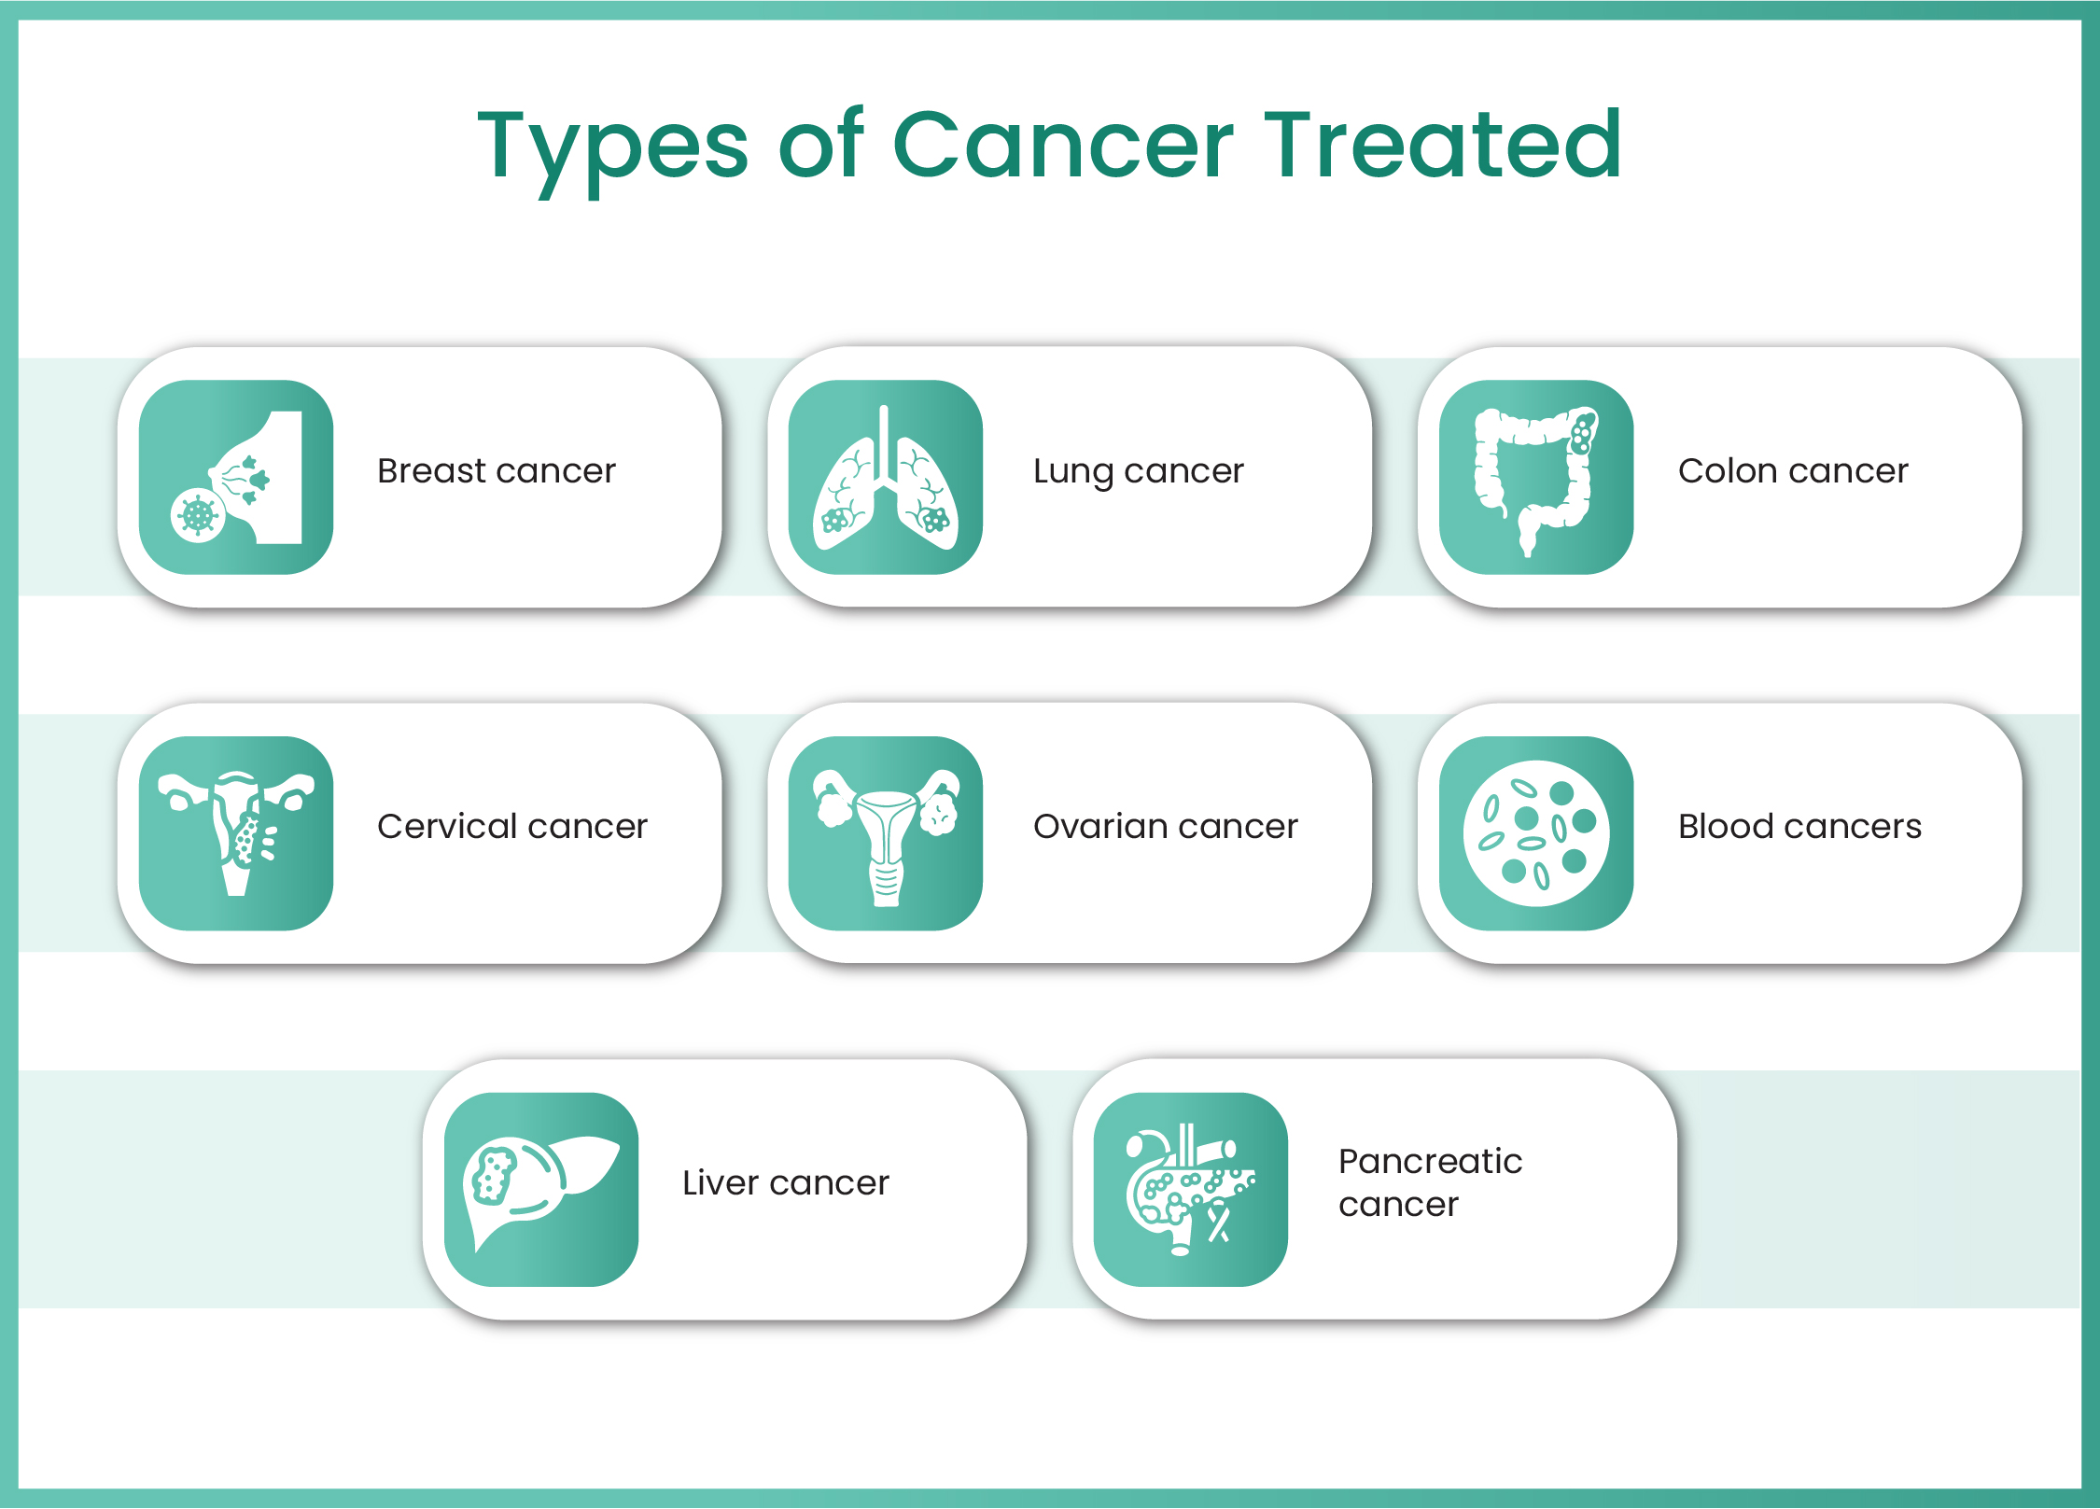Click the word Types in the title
click(612, 146)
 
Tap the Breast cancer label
click(496, 471)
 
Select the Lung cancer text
click(1138, 471)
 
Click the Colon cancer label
click(1792, 471)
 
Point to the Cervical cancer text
click(511, 827)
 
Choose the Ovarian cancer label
click(1165, 827)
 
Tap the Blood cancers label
click(1799, 827)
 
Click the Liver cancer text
click(785, 1183)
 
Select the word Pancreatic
click(1429, 1162)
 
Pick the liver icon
click(540, 1190)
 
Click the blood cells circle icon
click(1535, 833)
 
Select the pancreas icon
click(1189, 1190)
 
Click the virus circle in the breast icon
click(198, 514)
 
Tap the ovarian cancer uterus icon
click(885, 833)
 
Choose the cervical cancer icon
click(236, 833)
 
